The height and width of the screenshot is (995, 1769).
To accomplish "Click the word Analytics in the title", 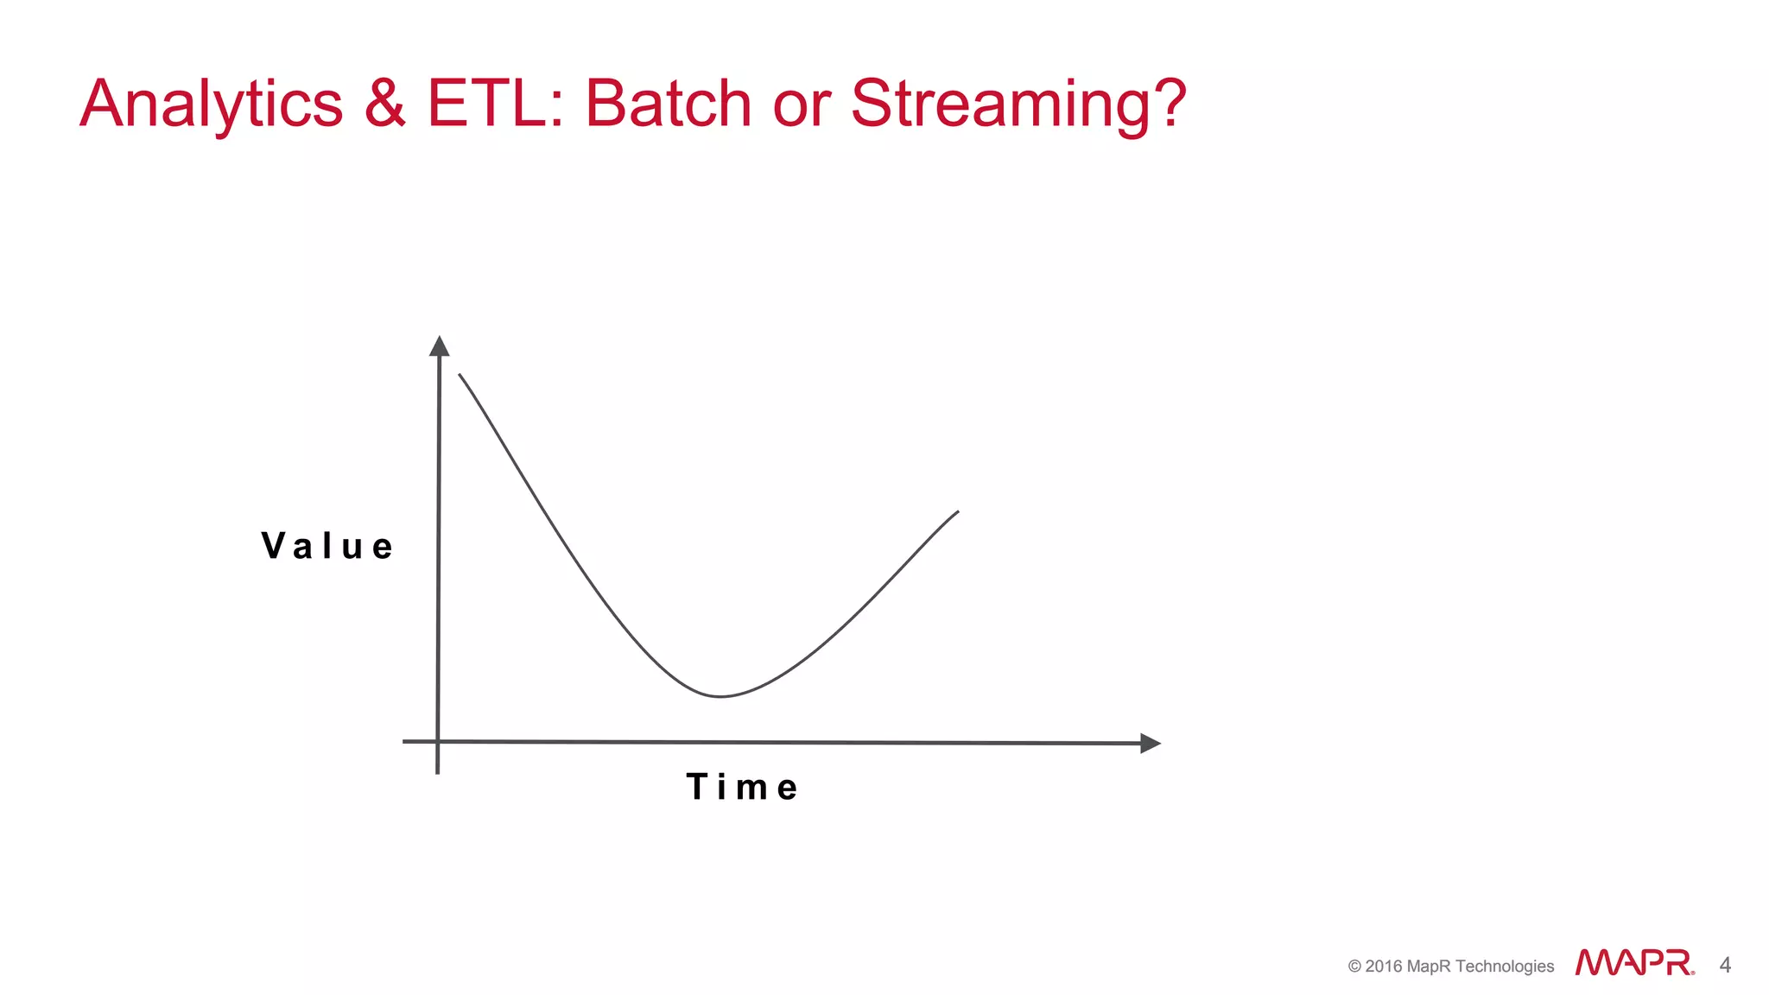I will [212, 105].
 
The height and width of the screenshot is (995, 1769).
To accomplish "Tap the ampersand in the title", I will [385, 104].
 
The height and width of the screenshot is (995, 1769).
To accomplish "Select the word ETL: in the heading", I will [495, 104].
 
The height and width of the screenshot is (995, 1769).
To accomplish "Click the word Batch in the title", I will [669, 104].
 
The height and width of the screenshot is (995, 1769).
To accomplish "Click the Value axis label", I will [327, 546].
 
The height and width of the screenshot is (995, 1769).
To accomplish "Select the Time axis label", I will [742, 787].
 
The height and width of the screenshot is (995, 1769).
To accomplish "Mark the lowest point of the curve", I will [720, 696].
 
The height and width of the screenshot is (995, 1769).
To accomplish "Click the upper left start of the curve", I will [460, 376].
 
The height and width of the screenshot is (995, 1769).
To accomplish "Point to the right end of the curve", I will [957, 512].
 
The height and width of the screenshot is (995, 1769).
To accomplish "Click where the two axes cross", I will [438, 741].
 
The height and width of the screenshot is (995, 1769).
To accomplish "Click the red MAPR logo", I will [1633, 962].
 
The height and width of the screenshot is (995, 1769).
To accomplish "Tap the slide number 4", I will [1725, 965].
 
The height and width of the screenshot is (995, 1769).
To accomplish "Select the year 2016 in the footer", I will [1383, 966].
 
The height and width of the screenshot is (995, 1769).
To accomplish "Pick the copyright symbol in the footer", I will [1354, 966].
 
